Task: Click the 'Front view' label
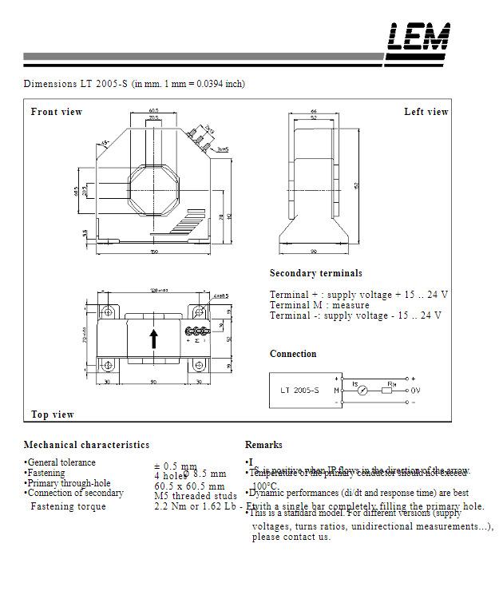point(57,112)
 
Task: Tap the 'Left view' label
point(426,112)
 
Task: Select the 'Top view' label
point(53,414)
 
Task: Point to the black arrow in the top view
point(153,339)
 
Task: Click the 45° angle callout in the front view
point(105,144)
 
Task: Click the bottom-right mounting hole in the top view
point(199,365)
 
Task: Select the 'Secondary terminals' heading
point(315,273)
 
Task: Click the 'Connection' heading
point(293,354)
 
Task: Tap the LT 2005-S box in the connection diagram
point(300,391)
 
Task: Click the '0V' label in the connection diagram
point(414,391)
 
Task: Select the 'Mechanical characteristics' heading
point(86,445)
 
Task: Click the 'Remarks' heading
point(263,445)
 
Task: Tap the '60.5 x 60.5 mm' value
point(189,486)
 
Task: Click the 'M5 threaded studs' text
point(195,496)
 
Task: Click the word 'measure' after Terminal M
point(350,305)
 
